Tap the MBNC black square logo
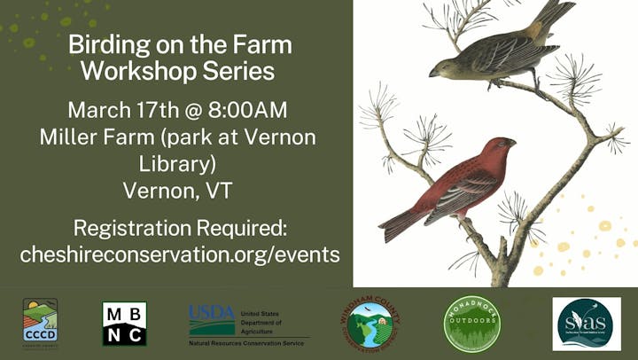pos(124,323)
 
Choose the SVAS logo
pos(586,324)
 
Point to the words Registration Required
pos(179,227)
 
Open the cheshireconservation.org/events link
pos(179,254)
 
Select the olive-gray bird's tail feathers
pos(556,13)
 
